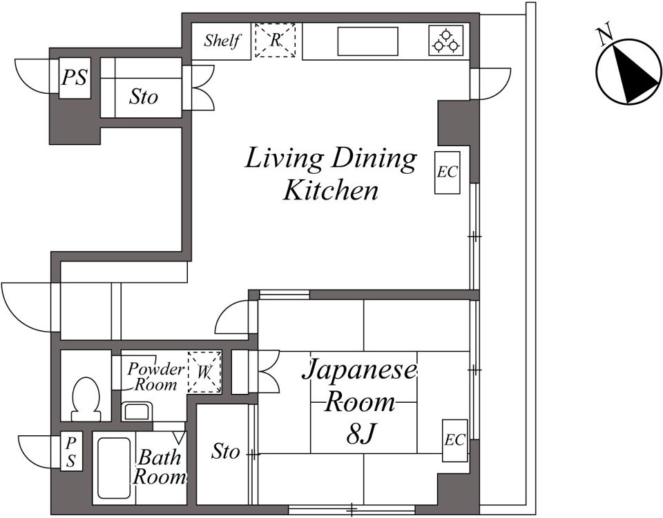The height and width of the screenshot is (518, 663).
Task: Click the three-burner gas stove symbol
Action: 446,41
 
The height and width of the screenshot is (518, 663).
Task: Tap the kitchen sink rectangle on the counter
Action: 367,41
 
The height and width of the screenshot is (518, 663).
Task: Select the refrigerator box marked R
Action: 276,40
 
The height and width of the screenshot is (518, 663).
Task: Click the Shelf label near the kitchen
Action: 222,41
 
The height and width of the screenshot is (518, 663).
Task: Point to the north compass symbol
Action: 628,71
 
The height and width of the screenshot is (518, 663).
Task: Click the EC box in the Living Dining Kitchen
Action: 448,172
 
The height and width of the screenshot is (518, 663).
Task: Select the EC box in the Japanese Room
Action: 455,440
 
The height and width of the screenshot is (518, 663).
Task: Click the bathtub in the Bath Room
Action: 114,468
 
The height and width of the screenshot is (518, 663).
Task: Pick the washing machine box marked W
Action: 204,372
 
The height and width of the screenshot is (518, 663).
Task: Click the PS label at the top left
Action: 75,78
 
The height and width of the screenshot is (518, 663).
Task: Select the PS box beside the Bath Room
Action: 71,451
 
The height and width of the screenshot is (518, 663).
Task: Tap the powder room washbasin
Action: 136,412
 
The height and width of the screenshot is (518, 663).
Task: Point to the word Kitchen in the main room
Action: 331,190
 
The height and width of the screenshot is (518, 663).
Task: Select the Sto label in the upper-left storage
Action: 144,97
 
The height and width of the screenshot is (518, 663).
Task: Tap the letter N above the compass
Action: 604,35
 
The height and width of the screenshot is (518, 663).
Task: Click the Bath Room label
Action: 159,467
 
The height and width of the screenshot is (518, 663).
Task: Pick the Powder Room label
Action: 155,377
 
